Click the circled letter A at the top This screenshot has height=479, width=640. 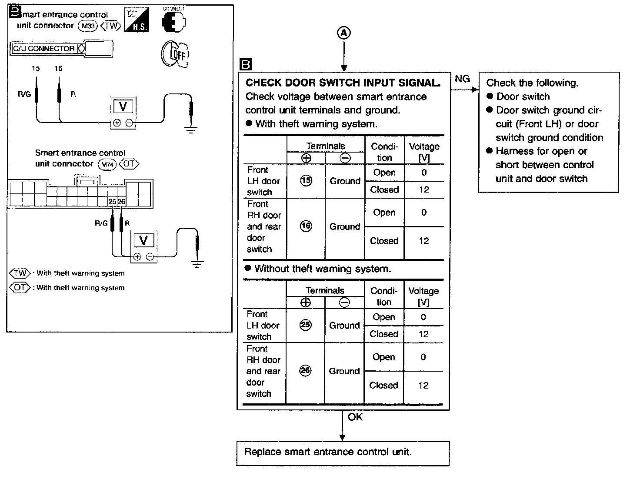pos(344,33)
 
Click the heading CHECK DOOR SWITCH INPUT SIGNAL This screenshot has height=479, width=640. pos(343,83)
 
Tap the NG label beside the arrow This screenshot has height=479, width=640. pos(462,79)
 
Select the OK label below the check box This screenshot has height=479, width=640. pos(355,417)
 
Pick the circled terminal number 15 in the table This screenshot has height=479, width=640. pos(306,181)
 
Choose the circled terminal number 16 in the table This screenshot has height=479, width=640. pos(306,226)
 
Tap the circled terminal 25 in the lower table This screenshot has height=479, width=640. pos(306,325)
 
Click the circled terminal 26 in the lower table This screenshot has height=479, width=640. pos(306,370)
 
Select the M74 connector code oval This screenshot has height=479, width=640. pos(107,165)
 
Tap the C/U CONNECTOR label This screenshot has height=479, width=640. pos(44,49)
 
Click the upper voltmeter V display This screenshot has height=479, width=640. pos(123,106)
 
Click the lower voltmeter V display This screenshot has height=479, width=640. pos(143,240)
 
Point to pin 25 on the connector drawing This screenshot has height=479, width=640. pos(112,202)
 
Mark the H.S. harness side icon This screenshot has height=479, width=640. pos(137,21)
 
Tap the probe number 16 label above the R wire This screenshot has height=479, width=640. pos(58,68)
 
